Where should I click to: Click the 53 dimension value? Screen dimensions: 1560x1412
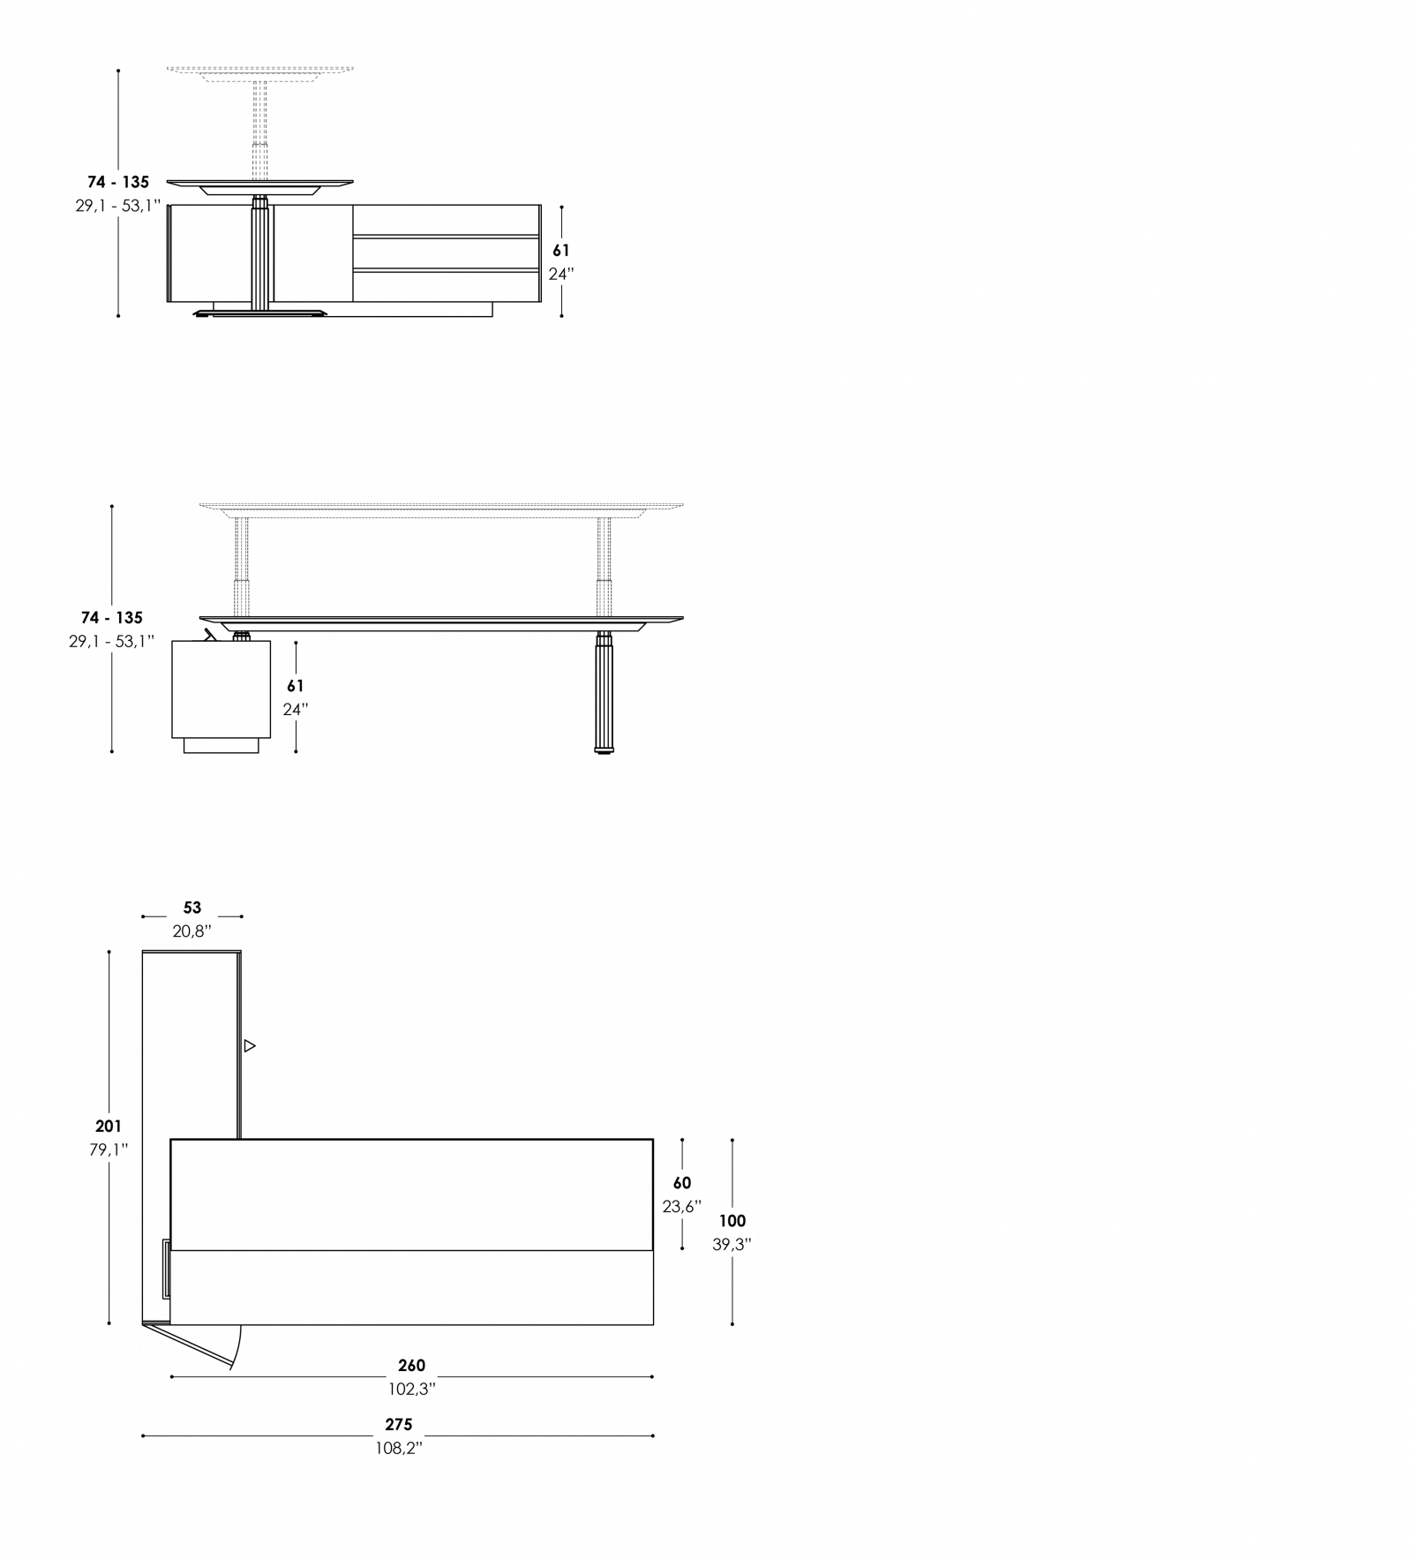coord(192,908)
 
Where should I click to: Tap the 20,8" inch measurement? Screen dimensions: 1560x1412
coord(192,931)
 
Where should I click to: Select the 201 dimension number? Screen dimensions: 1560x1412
coord(109,1127)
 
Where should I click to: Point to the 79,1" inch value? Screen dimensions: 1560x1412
coord(109,1150)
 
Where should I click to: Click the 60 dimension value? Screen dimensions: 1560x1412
coord(682,1183)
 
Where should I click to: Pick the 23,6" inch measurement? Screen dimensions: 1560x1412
coord(682,1207)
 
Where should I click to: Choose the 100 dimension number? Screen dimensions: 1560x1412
coord(732,1221)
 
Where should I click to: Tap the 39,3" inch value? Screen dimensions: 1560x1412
coord(732,1245)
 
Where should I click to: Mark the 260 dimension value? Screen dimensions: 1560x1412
coord(412,1366)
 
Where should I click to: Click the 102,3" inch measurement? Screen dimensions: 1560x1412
coord(412,1390)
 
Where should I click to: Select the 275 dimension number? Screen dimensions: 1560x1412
coord(399,1424)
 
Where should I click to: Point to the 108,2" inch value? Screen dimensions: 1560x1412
coord(399,1449)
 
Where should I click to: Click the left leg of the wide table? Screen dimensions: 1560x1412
coord(241,566)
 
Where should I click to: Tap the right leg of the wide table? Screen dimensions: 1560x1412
coord(604,566)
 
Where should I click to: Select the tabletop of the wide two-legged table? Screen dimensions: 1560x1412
coord(441,506)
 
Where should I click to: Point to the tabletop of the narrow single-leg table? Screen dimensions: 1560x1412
coord(260,68)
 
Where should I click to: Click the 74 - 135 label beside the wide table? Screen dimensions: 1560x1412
coord(112,617)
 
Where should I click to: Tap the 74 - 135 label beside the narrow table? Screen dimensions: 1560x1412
coord(118,182)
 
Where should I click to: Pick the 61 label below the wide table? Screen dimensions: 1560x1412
coord(296,685)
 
